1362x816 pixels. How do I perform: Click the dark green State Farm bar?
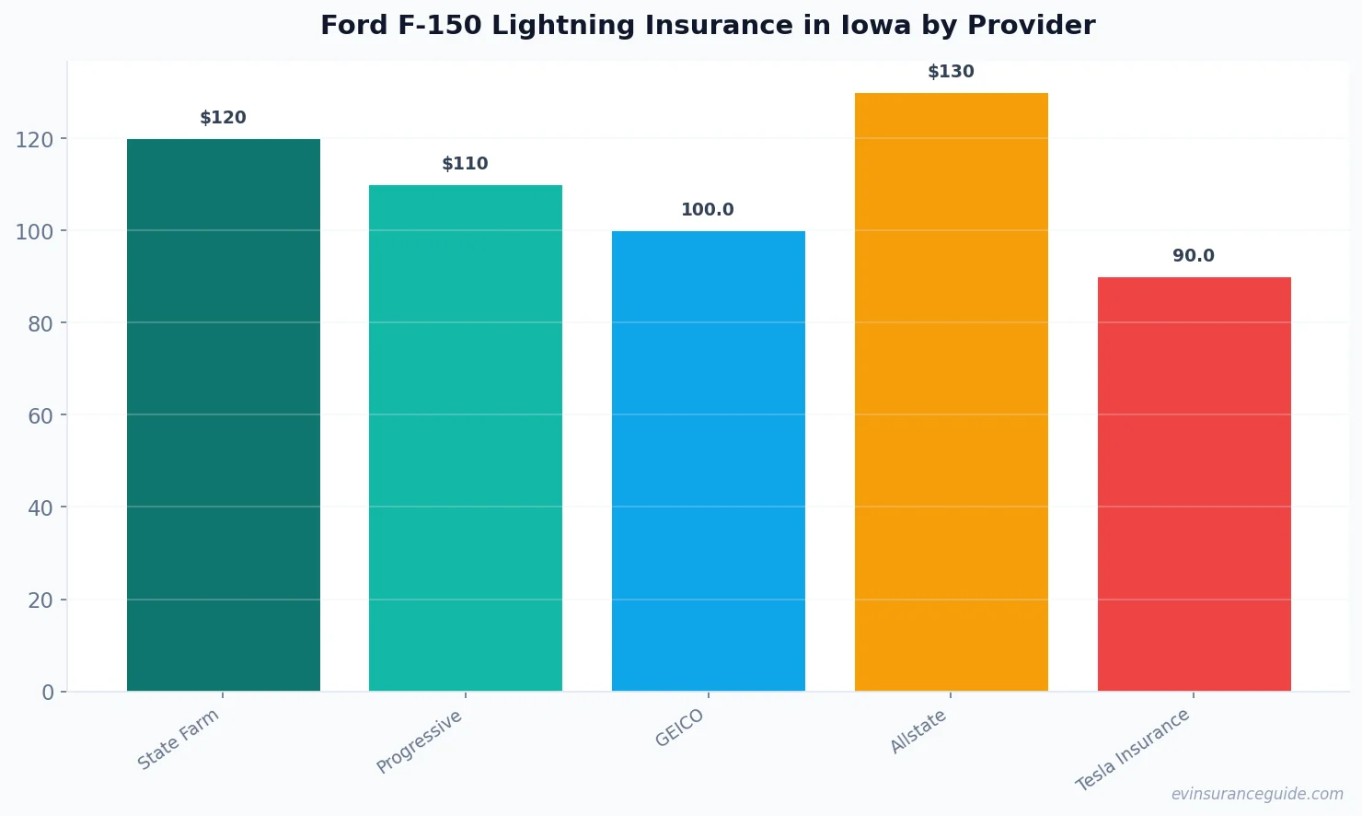[x=224, y=414]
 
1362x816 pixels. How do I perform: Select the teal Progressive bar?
[x=466, y=437]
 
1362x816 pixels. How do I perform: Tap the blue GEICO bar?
[x=709, y=460]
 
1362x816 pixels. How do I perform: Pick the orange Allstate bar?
[x=951, y=391]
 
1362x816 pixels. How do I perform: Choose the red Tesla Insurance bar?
[x=1194, y=484]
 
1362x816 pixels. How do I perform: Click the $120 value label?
[x=224, y=118]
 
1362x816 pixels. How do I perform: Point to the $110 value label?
[x=466, y=164]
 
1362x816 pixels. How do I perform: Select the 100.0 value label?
[x=708, y=210]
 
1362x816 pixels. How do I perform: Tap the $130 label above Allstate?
[x=951, y=72]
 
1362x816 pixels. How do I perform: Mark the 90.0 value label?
[x=1194, y=256]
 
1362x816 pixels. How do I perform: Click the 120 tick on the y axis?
[x=34, y=140]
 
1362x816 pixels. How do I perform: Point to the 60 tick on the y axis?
[x=40, y=416]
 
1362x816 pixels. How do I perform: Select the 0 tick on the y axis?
[x=48, y=693]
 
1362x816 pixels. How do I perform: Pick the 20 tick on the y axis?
[x=40, y=600]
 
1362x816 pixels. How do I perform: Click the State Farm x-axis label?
[x=179, y=739]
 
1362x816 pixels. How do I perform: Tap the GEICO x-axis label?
[x=680, y=729]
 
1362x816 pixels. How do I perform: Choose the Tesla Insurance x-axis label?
[x=1133, y=750]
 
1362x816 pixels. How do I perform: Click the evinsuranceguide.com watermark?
[x=1257, y=794]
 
